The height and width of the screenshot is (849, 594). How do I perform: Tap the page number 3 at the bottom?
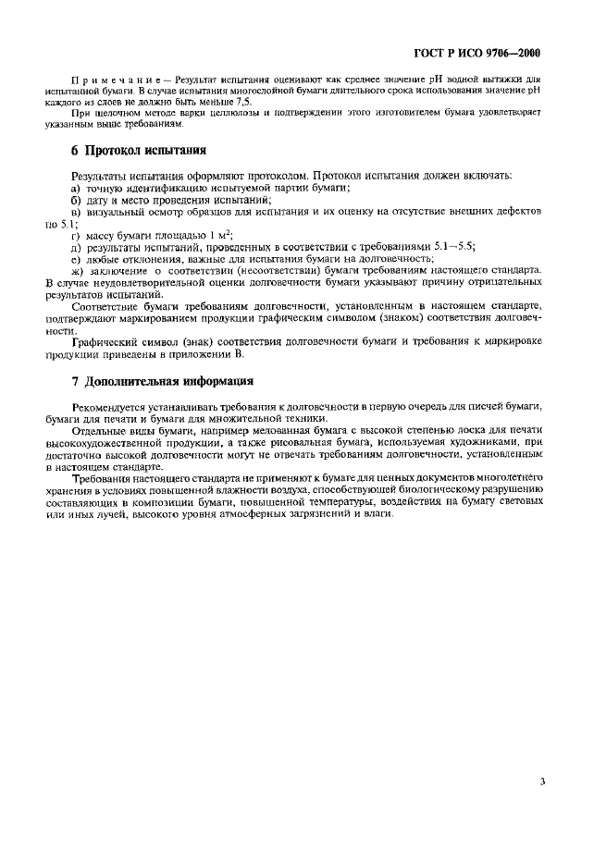coord(542,781)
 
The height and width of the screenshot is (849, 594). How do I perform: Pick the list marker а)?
coord(77,188)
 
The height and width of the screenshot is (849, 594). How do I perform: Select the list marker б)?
coord(77,200)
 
